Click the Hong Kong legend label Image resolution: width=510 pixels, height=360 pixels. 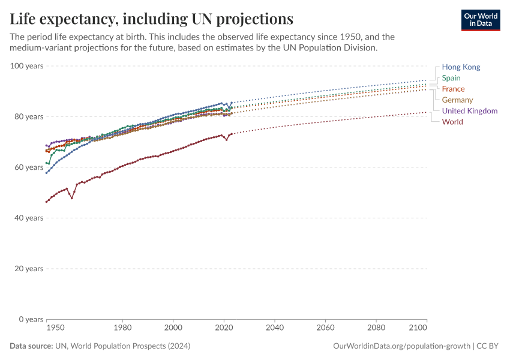pos(461,67)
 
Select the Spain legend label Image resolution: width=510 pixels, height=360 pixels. pos(451,78)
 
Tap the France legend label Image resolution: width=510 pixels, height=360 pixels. pos(453,89)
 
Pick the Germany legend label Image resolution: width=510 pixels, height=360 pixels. pos(457,100)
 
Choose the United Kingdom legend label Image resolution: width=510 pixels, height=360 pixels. pos(469,111)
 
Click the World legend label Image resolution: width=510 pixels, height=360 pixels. pos(452,122)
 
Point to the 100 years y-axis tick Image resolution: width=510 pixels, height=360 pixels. pos(26,65)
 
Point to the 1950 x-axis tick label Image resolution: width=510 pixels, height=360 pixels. pos(55,329)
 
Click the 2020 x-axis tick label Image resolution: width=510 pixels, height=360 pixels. pos(224,329)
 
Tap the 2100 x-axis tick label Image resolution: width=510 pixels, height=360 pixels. pos(418,329)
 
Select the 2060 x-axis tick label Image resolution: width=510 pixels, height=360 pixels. pos(325,329)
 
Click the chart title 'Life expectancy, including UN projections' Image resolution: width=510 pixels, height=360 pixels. pos(152,19)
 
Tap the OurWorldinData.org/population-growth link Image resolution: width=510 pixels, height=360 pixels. pos(401,346)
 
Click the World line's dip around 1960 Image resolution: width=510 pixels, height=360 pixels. pos(72,197)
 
